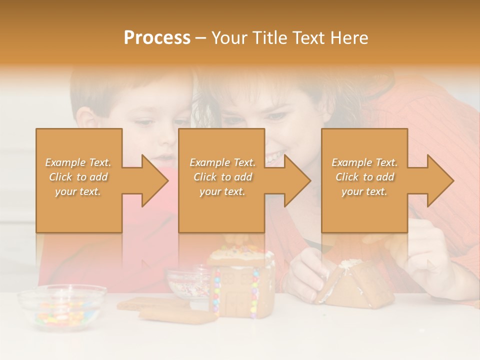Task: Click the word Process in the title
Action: (157, 38)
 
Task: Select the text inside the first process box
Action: (78, 177)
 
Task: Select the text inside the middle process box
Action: (222, 177)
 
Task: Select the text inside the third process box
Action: (364, 177)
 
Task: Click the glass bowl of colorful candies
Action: (61, 307)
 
